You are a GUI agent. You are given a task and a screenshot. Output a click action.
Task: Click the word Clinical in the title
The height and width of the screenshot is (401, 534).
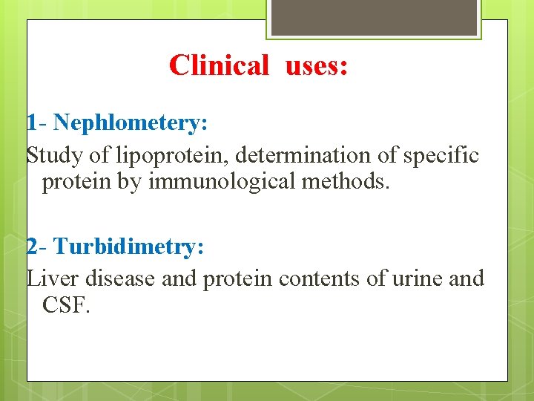point(218,65)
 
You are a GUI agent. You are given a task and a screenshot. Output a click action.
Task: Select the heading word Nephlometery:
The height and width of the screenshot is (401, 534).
point(131,123)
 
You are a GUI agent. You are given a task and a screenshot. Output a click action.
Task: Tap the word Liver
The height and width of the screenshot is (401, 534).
point(53,279)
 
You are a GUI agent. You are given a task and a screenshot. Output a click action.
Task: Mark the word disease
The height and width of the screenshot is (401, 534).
point(119,279)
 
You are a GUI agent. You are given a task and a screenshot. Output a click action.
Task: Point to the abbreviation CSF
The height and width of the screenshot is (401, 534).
point(66,304)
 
